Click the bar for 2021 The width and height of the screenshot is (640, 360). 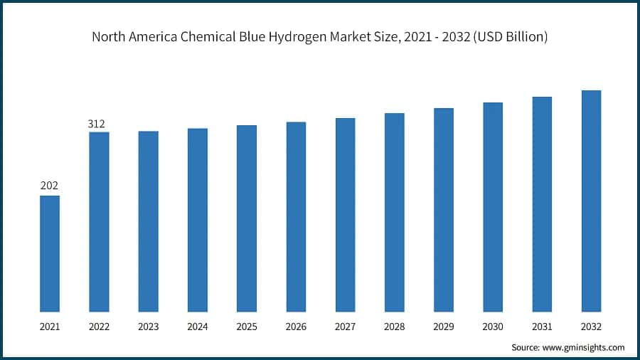coord(50,253)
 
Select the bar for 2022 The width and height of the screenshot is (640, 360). coord(99,221)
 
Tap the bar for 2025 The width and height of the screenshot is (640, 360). coord(247,218)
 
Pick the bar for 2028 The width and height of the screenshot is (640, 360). coord(395,212)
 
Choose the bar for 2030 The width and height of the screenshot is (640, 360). coord(493,207)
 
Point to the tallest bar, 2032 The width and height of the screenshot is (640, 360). coord(591,201)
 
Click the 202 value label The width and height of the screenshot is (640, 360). coord(49,186)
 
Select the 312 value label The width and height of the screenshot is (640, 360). coord(98,124)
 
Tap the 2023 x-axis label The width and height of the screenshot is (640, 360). coord(148,327)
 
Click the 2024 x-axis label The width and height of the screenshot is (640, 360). coord(198,327)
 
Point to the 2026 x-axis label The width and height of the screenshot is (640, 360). coord(296,327)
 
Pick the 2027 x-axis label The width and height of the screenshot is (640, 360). coord(345,327)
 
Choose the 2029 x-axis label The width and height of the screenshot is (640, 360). coord(444,327)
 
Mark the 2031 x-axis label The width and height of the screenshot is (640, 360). coord(542,327)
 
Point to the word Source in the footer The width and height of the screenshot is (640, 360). coord(525,347)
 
